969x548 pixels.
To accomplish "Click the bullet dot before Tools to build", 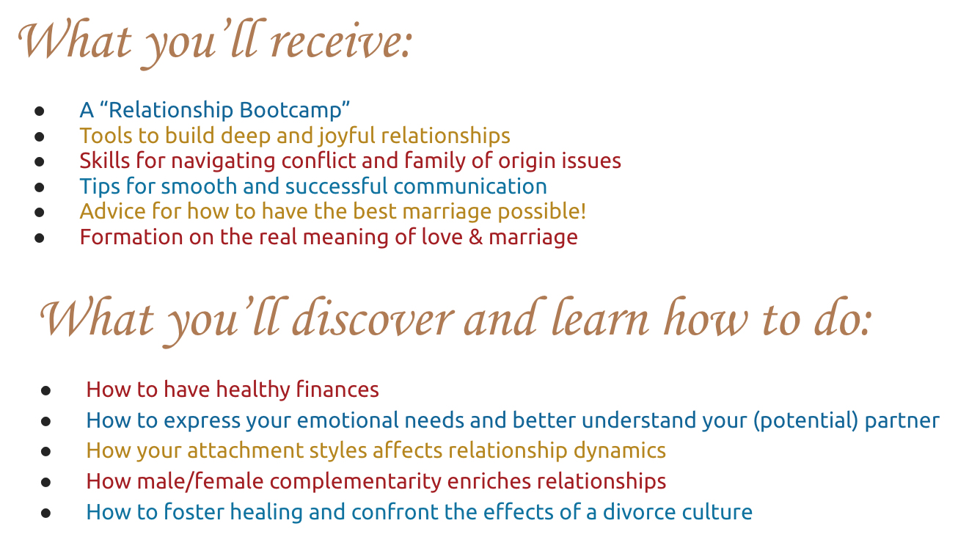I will pos(40,136).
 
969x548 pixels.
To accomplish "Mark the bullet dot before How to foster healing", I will pos(45,512).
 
